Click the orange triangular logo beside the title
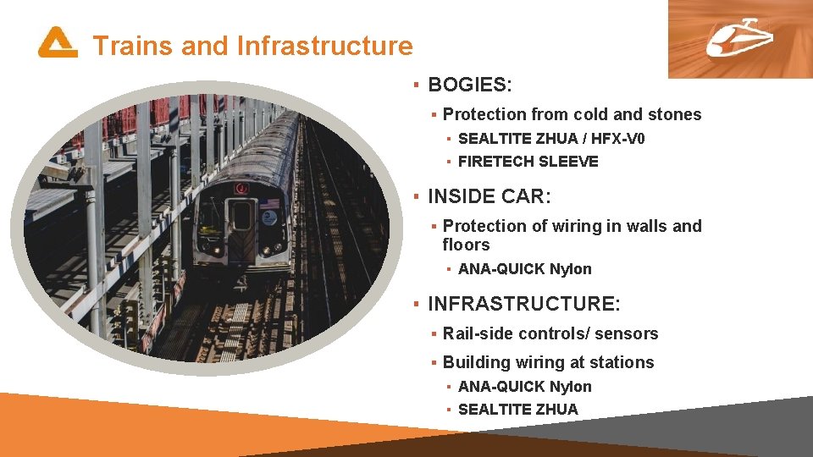point(57,42)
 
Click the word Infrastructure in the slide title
point(324,46)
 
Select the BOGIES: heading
point(470,85)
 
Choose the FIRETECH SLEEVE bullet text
point(528,162)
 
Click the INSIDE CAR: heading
point(489,197)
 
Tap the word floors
point(466,245)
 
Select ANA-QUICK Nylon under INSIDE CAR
point(524,269)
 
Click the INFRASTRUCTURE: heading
point(524,304)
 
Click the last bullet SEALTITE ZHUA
point(517,410)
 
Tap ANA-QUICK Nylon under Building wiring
point(524,387)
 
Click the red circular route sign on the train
point(241,188)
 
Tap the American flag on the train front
point(268,203)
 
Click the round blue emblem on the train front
point(269,217)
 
